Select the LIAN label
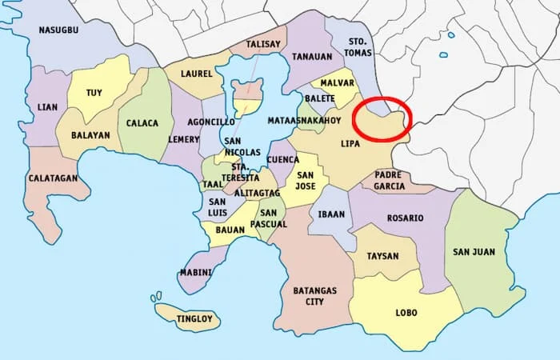coord(47,106)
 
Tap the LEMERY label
coord(184,139)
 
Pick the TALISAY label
coord(262,45)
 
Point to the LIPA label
coord(350,143)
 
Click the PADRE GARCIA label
coord(389,180)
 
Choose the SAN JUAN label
coord(474,252)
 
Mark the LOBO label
coord(406,313)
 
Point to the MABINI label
coord(196,273)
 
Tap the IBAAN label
coord(330,214)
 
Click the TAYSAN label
coord(382,257)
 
